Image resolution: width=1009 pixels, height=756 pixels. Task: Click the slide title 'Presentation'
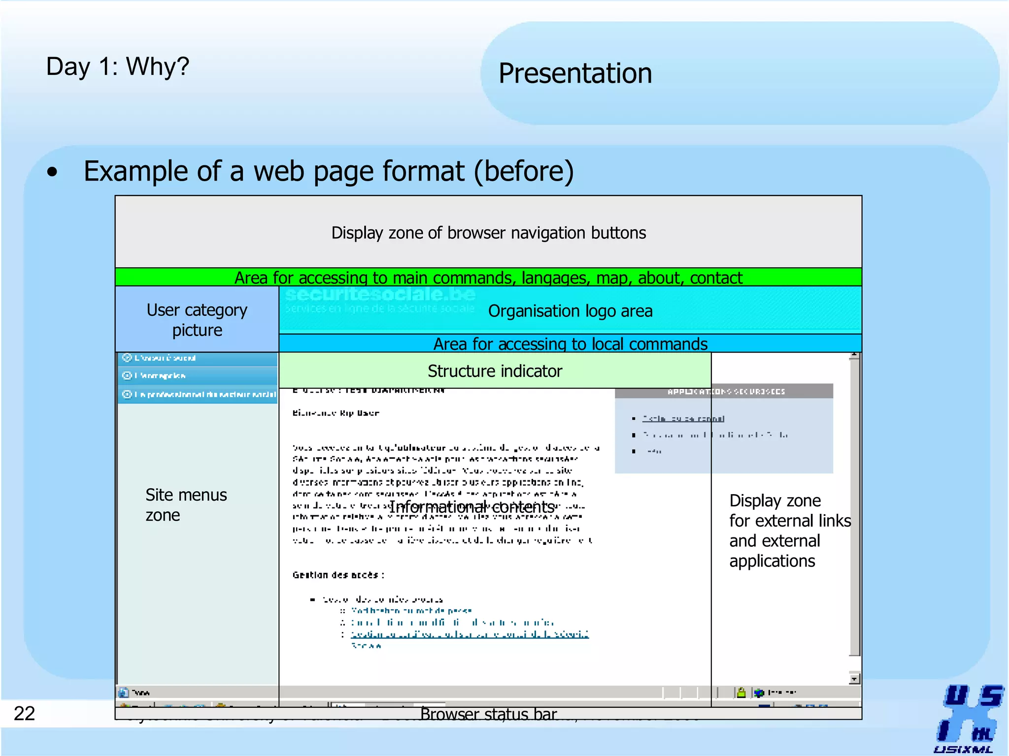click(575, 73)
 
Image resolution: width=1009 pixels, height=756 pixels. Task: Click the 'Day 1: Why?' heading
click(117, 66)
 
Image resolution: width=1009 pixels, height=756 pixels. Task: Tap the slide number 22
click(24, 713)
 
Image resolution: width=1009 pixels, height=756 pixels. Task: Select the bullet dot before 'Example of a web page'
click(52, 172)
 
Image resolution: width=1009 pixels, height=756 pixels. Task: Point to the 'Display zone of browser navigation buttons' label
click(488, 233)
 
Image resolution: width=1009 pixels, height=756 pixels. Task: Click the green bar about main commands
click(488, 278)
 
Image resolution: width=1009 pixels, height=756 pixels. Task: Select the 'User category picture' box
click(197, 319)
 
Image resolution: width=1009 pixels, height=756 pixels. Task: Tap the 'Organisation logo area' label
click(570, 311)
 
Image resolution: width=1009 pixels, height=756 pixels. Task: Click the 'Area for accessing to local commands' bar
click(570, 344)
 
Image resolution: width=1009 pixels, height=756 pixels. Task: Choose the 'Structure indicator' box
click(495, 371)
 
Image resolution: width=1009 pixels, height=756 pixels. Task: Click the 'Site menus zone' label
click(186, 504)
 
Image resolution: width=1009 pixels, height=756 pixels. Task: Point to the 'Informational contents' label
click(472, 506)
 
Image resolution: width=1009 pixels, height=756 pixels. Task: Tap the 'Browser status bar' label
click(488, 714)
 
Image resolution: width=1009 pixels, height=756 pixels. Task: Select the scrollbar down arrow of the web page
click(854, 679)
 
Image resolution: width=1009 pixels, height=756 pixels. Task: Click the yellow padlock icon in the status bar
click(741, 693)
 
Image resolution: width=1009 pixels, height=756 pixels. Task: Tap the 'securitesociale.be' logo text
click(380, 294)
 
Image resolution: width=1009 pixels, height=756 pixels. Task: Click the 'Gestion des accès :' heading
click(338, 575)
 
